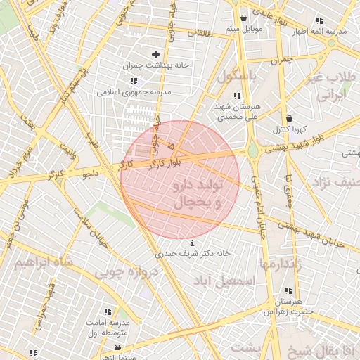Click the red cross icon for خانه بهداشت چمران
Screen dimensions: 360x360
155,54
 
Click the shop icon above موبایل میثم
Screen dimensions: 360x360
243,18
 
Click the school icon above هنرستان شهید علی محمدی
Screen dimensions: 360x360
237,96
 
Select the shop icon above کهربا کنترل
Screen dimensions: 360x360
289,117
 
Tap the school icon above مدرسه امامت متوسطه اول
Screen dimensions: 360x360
108,311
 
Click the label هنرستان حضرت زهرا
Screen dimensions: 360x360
288,306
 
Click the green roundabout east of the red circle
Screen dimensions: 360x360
252,150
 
